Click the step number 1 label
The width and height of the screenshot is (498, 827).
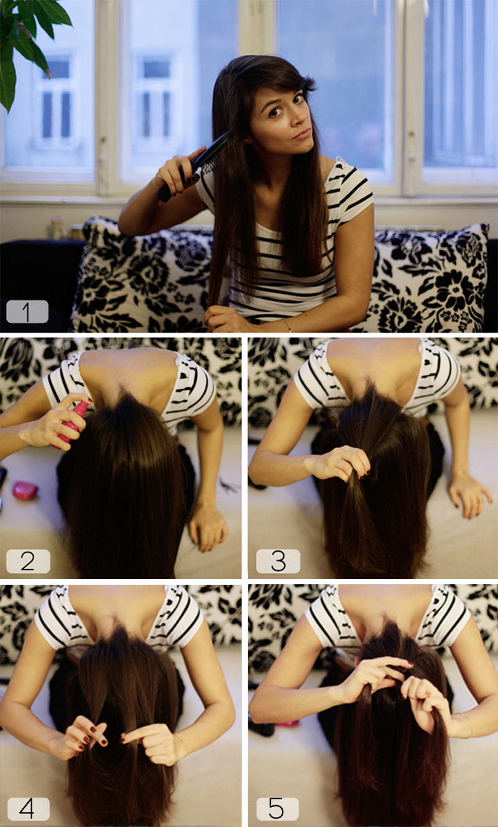pos(27,311)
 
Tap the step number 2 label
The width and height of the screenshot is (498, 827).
pos(27,561)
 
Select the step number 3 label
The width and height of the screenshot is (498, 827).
pos(278,561)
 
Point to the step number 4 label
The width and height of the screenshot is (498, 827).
pos(28,808)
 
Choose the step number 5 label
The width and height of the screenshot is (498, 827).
pos(277,808)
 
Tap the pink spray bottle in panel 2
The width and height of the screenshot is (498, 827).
pos(72,425)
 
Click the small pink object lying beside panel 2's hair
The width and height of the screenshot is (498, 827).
pos(25,491)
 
